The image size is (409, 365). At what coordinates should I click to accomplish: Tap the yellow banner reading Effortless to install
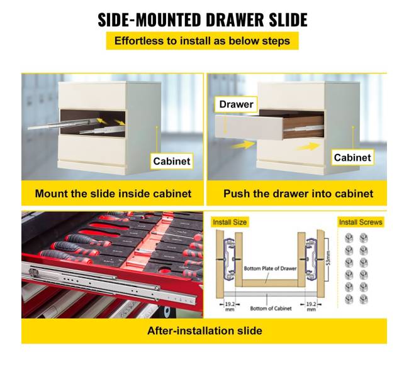pos(202,41)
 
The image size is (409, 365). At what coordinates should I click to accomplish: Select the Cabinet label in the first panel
pos(172,161)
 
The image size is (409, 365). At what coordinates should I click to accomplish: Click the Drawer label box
pos(236,104)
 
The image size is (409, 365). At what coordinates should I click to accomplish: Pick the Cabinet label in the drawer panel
pos(352,158)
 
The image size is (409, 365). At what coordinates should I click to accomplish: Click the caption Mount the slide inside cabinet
pos(113,193)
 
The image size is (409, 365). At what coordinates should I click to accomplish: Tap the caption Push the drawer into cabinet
pos(298,193)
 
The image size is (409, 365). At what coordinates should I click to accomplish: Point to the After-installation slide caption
pos(204,330)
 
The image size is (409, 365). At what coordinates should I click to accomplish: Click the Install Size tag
pos(230,222)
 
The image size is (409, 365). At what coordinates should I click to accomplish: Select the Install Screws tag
pos(361,222)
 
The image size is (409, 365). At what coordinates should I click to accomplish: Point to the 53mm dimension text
pos(328,258)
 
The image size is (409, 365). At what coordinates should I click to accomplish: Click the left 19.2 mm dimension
pos(230,306)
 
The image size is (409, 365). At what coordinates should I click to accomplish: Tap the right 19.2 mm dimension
pos(311,306)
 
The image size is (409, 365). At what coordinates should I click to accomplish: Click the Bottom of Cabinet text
pos(271,308)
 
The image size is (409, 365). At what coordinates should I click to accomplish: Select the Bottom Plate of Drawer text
pos(270,268)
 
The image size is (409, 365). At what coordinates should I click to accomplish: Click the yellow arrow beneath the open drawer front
pos(244,144)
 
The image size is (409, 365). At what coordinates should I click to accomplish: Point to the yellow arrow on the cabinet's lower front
pos(308,146)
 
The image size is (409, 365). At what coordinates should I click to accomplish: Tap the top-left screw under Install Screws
pos(349,238)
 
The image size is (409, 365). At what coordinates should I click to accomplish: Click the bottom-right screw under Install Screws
pos(363,299)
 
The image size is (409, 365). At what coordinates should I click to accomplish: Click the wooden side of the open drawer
pos(303,127)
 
